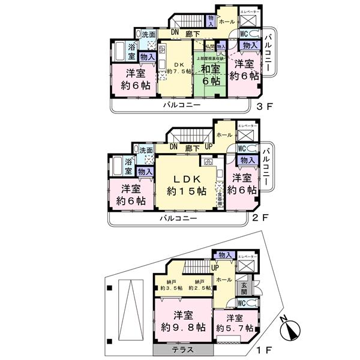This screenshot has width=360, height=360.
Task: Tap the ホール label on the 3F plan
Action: click(226, 21)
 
